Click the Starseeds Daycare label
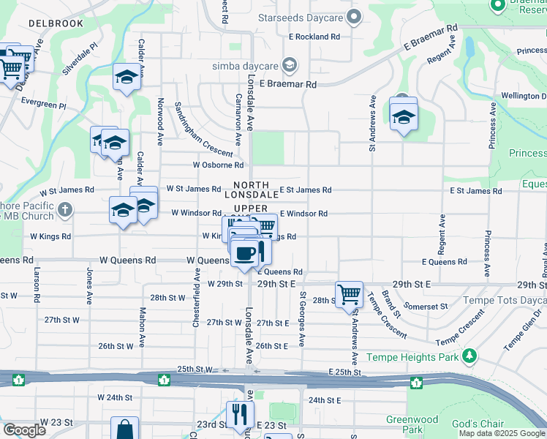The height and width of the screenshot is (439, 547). (305, 15)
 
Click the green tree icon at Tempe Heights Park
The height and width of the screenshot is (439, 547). (469, 357)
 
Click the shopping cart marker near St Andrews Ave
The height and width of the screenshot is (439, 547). (350, 294)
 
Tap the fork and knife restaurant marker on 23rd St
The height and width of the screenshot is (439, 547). (239, 415)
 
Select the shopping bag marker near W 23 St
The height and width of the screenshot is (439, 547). (124, 429)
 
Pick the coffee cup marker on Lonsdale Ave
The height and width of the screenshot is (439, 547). (246, 253)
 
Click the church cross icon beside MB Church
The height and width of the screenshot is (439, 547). (65, 211)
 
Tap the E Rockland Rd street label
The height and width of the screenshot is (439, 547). (314, 36)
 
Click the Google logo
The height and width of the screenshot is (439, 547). (24, 430)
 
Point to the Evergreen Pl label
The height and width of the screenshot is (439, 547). (44, 105)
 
